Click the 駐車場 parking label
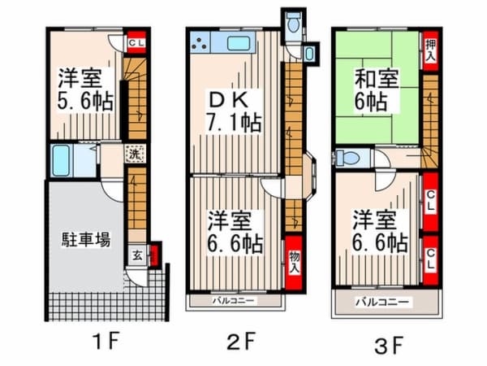[86, 240]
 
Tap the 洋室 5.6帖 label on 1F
[84, 89]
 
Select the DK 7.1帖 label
[234, 111]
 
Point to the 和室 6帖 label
[377, 90]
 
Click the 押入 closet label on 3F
[430, 50]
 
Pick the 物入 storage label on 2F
[294, 263]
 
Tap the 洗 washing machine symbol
[135, 154]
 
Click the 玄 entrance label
[138, 256]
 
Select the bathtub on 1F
[60, 160]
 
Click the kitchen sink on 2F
[238, 43]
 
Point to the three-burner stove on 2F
[200, 43]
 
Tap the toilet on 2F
[293, 22]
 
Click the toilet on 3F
[347, 157]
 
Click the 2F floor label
[241, 341]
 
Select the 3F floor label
[388, 345]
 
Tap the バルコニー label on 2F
[233, 301]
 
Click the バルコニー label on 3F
[382, 302]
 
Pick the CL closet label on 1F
[136, 42]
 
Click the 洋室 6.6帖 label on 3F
[380, 231]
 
